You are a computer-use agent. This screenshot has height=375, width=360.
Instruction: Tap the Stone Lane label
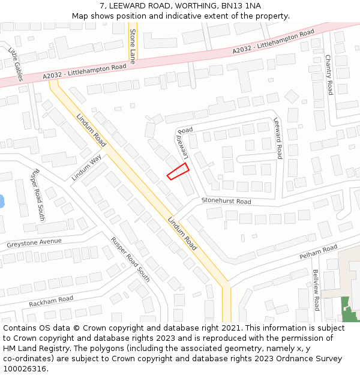point(133,44)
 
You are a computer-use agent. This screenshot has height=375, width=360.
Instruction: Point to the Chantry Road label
point(328,74)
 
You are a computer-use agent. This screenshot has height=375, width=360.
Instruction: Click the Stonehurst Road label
point(226,202)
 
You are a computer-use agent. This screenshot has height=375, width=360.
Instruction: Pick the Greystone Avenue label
point(34,243)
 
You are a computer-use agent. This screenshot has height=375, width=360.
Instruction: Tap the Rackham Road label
point(51,300)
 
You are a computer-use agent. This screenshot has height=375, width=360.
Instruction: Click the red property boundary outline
point(178,171)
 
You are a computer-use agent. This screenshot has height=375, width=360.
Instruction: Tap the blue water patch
point(1,200)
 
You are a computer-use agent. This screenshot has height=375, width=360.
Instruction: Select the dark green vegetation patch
point(346,310)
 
